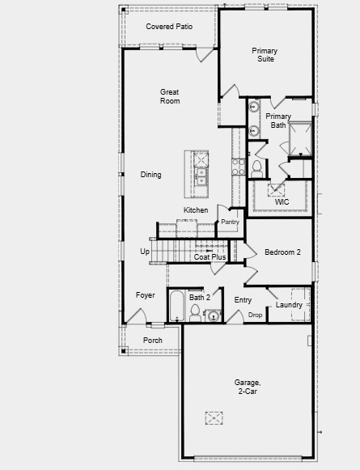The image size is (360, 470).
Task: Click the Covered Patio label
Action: (169, 27)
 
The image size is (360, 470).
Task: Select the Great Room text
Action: (170, 96)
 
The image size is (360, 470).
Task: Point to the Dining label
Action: (150, 175)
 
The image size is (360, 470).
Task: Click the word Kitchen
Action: (196, 210)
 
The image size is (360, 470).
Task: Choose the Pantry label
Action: (231, 221)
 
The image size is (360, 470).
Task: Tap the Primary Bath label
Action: (277, 121)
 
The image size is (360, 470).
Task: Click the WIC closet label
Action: (282, 202)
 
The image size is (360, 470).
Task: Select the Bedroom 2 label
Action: (282, 252)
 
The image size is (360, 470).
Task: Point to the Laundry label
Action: (289, 305)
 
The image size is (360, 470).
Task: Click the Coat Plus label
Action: (210, 257)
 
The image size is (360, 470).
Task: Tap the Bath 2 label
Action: (200, 298)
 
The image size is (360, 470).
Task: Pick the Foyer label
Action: (145, 295)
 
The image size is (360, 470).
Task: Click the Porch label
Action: (153, 341)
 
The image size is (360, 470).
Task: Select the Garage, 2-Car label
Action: (248, 386)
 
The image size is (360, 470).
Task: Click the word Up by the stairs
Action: (145, 252)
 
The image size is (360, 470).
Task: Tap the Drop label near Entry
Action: (256, 315)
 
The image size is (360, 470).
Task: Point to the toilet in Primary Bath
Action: (256, 168)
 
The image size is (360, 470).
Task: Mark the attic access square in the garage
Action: (214, 417)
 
